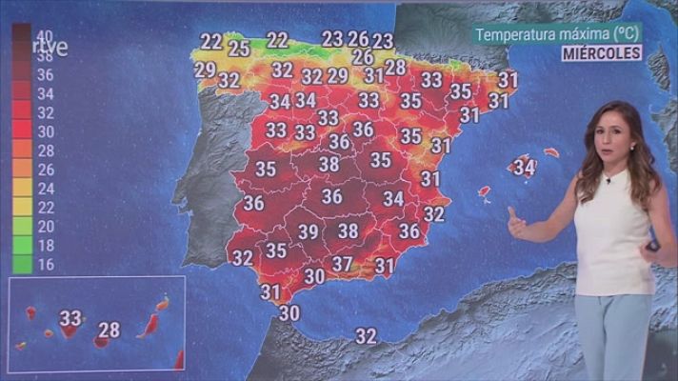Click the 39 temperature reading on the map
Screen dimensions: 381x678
[308, 231]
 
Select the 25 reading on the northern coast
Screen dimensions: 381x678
[239, 49]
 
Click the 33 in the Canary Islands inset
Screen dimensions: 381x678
[70, 317]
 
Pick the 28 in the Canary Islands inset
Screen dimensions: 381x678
[110, 330]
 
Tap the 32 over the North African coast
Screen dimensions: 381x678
[366, 335]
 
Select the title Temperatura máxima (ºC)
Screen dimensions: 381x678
[557, 33]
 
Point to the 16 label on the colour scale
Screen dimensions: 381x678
[46, 265]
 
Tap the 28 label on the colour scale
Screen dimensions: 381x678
[46, 150]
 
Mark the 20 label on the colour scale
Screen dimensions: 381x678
[46, 227]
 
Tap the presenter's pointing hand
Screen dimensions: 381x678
[516, 225]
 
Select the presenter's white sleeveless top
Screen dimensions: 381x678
[614, 233]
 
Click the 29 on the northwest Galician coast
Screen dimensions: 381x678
[205, 70]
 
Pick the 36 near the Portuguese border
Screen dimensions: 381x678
[253, 202]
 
